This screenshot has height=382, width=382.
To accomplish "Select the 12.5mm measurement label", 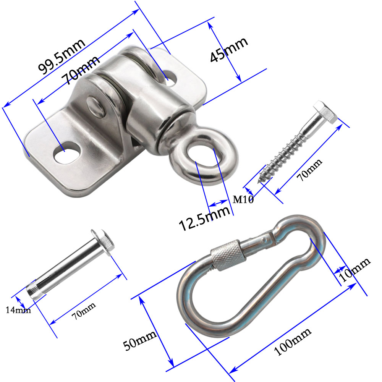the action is (204, 218).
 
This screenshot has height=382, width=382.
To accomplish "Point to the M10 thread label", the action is (243, 199).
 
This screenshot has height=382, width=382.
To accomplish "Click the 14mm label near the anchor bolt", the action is (18, 310).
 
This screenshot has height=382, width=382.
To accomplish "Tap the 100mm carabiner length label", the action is (293, 342).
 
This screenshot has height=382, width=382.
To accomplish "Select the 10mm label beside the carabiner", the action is (354, 270).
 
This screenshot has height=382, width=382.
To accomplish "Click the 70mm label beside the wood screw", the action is (309, 170).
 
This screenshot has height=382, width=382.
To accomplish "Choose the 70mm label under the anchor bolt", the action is (84, 311).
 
